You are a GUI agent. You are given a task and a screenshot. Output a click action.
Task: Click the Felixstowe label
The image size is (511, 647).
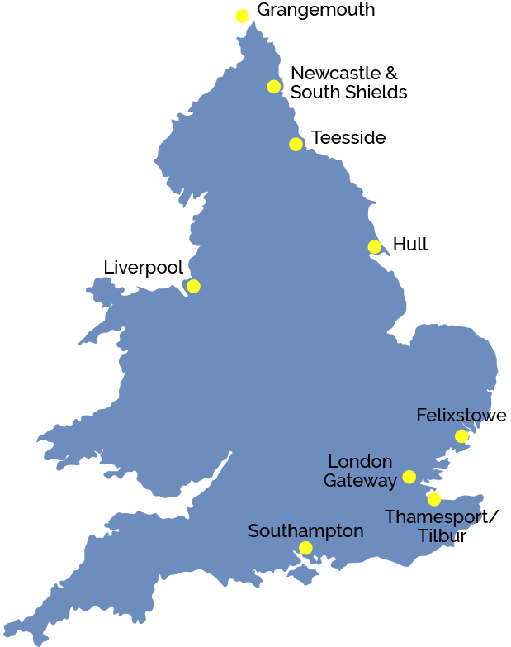coord(455,415)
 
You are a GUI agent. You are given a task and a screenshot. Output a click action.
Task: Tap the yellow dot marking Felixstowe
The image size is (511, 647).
coord(461,436)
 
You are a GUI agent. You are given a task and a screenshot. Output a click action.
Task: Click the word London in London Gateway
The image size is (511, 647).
coord(360,461)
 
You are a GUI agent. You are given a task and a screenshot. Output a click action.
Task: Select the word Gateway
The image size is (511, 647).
coord(360,480)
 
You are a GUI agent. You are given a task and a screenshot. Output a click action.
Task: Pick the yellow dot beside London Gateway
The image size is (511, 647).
coord(409,477)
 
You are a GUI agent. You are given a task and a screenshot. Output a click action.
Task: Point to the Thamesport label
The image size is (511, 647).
coord(433,516)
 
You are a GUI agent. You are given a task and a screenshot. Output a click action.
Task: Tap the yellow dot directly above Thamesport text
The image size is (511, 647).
coord(434,499)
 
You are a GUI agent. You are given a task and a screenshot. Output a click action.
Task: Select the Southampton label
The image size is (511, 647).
coord(305,531)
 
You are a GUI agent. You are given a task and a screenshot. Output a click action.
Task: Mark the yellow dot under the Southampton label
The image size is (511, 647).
coord(305,548)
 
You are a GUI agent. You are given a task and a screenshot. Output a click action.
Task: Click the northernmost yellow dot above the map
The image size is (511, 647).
coord(242,16)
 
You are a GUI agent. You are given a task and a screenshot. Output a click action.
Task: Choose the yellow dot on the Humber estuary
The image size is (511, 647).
coord(375,247)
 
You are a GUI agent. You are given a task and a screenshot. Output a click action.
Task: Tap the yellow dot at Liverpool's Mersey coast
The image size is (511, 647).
coord(193,286)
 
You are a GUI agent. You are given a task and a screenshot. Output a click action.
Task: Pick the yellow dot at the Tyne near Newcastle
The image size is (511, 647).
coord(274,87)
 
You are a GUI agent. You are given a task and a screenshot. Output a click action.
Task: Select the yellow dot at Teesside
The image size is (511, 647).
coord(296,145)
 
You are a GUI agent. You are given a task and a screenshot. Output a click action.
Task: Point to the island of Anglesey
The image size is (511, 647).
coord(102,290)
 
